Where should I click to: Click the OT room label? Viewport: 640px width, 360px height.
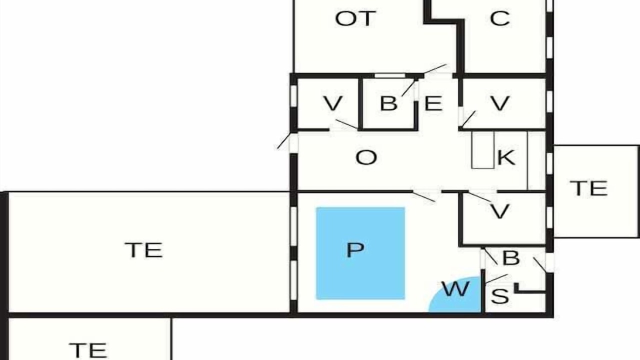pyautogui.click(x=355, y=18)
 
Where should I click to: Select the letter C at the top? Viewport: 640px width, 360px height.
pyautogui.click(x=499, y=18)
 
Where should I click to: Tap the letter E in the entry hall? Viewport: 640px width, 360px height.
pyautogui.click(x=433, y=103)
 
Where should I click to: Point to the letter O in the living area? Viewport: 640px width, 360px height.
pyautogui.click(x=366, y=157)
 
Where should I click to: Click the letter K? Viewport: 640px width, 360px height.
pyautogui.click(x=506, y=157)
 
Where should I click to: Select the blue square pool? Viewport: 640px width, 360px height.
pyautogui.click(x=360, y=253)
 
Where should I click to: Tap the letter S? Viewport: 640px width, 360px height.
pyautogui.click(x=500, y=296)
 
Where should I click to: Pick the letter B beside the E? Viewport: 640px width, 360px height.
pyautogui.click(x=388, y=103)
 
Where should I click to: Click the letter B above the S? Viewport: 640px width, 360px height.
pyautogui.click(x=511, y=258)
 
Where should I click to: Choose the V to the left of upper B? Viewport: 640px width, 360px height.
pyautogui.click(x=333, y=103)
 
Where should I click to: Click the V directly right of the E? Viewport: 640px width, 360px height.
pyautogui.click(x=499, y=103)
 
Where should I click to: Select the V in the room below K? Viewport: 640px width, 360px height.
pyautogui.click(x=499, y=211)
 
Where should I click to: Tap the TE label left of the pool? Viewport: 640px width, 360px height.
pyautogui.click(x=143, y=250)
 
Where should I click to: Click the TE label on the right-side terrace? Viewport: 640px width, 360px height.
pyautogui.click(x=589, y=188)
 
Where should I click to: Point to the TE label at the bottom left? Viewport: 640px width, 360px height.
pyautogui.click(x=88, y=350)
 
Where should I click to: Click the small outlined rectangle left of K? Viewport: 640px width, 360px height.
pyautogui.click(x=483, y=149)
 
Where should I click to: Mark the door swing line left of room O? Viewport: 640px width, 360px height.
pyautogui.click(x=283, y=141)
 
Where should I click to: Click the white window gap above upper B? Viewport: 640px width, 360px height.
pyautogui.click(x=389, y=75)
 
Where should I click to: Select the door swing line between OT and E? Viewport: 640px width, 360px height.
pyautogui.click(x=435, y=68)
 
